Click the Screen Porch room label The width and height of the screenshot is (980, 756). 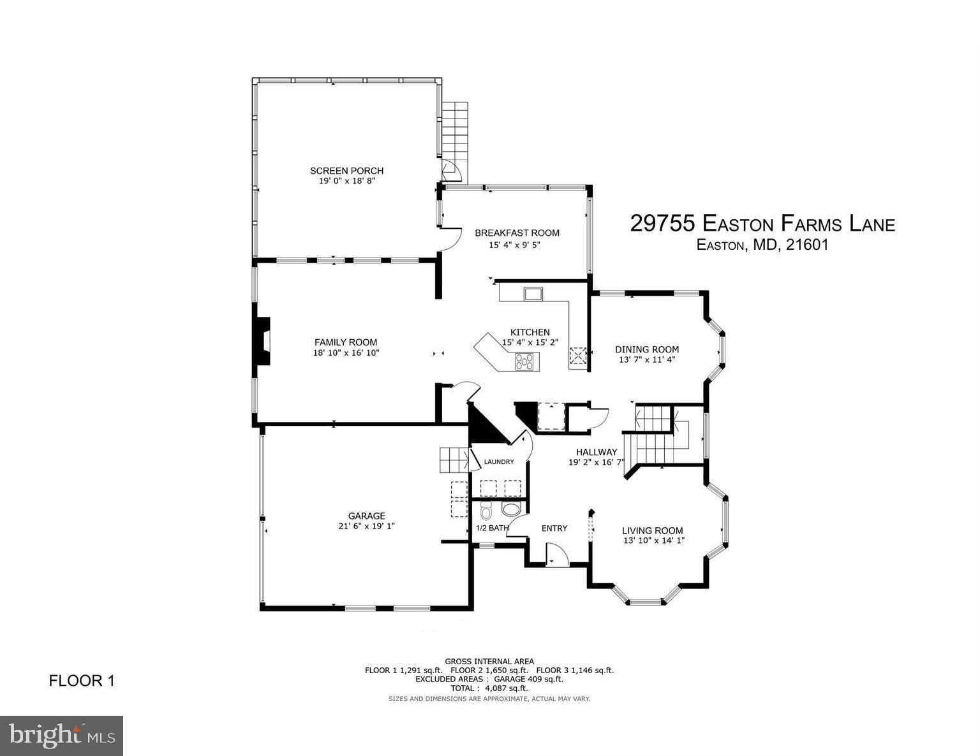346,170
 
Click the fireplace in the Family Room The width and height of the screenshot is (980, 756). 262,342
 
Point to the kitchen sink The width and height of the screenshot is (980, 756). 532,294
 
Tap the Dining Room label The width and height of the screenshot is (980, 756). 646,349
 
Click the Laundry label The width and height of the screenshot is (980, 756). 499,462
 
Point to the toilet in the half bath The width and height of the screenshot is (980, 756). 486,511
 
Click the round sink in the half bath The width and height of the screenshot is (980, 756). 511,509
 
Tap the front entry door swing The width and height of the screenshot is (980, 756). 556,554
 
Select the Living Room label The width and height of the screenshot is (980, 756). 652,530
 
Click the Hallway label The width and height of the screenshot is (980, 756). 596,452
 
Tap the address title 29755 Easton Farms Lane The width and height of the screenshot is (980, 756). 762,224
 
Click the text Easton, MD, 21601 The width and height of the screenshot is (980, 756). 762,245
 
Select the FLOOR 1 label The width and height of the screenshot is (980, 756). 82,681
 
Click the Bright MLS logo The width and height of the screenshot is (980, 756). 62,736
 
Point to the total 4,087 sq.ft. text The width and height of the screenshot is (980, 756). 489,688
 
